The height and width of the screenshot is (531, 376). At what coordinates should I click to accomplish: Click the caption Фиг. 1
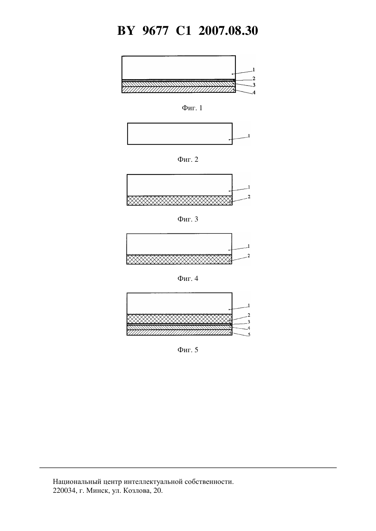click(192, 108)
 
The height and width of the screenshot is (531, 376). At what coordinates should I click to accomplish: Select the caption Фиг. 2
click(188, 159)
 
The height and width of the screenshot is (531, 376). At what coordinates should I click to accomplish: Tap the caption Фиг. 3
click(188, 219)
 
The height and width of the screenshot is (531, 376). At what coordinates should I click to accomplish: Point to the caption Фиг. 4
click(188, 278)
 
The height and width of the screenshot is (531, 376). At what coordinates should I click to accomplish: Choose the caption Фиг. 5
click(188, 350)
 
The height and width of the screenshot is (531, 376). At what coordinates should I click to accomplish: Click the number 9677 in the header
click(155, 31)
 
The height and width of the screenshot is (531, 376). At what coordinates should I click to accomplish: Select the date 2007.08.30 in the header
click(228, 31)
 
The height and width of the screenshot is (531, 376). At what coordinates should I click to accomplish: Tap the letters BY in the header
click(126, 31)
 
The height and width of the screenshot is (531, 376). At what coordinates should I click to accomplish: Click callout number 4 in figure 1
click(254, 93)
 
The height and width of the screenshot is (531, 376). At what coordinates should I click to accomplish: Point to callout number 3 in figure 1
click(254, 85)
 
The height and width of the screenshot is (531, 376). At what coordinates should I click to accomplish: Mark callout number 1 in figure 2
click(249, 136)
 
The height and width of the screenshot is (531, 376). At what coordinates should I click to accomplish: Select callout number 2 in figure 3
click(249, 197)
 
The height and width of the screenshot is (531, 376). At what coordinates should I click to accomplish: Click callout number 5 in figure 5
click(249, 335)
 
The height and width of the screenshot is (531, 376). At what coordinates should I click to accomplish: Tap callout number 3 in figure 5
click(249, 322)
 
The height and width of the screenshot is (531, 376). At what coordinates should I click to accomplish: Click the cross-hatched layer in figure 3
click(179, 201)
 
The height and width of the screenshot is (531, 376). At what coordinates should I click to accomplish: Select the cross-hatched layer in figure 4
click(179, 259)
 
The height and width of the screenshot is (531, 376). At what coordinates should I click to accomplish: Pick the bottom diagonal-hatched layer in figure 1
click(178, 90)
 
